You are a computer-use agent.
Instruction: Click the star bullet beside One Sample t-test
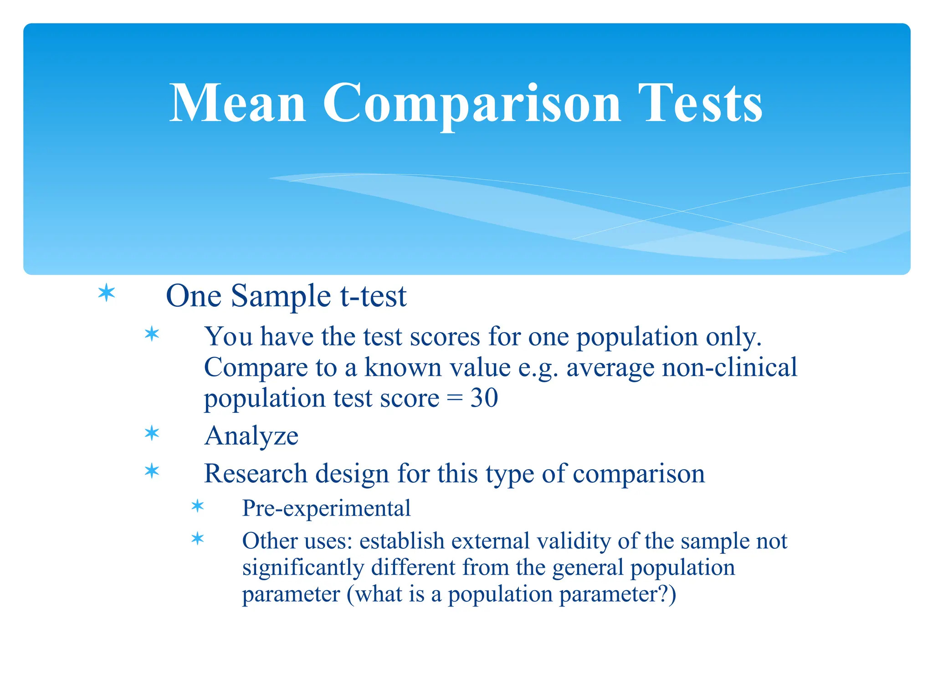(107, 293)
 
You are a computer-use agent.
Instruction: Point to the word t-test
(373, 296)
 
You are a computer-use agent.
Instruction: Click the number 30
(484, 398)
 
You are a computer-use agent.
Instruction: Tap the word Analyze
(251, 436)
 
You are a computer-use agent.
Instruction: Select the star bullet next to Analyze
(152, 433)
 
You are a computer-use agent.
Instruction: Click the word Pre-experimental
(326, 508)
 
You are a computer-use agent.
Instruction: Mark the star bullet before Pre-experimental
(198, 506)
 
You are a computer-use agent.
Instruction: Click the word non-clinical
(729, 367)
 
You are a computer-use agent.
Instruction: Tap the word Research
(256, 474)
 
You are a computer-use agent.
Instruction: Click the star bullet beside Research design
(152, 471)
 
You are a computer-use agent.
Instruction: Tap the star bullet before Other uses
(198, 539)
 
